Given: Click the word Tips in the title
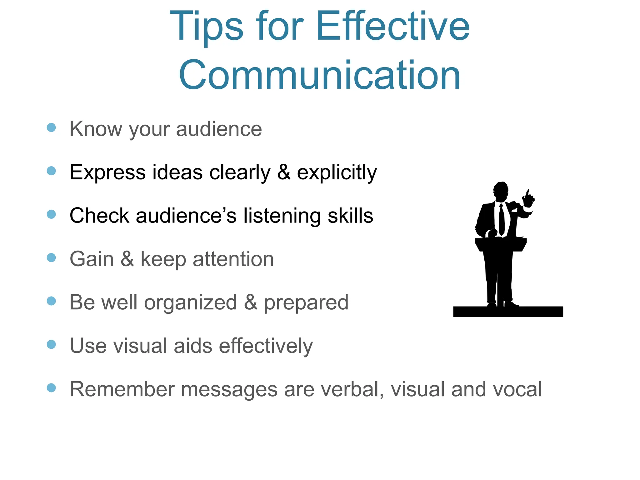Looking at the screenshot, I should coord(206,26).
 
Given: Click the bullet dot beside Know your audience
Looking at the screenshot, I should coord(51,127).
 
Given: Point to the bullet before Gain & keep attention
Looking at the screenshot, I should coord(51,258).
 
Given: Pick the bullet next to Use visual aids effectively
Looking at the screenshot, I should coord(51,344).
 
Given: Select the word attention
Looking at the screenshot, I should coord(233,259).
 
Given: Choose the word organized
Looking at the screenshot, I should coord(190,302).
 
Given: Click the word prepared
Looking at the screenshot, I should coord(306,302).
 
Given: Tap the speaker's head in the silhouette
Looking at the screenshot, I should coord(501,191).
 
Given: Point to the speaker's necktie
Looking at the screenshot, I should coord(502,219).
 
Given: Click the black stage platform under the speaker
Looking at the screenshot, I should coord(508,312).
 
